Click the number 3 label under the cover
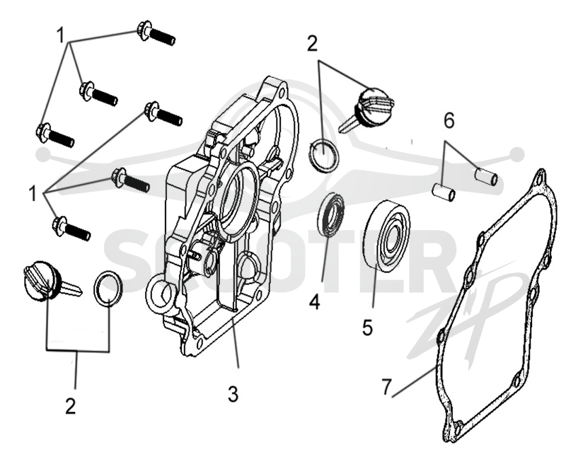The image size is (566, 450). [233, 393]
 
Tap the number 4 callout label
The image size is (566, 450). [314, 301]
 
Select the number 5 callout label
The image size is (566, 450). [367, 328]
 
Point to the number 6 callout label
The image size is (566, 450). [449, 120]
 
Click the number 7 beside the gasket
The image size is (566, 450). [386, 387]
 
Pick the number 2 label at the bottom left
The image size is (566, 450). [70, 406]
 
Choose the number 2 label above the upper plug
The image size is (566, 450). [312, 43]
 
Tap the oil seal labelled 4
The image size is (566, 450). [330, 215]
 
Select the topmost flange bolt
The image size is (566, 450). [156, 33]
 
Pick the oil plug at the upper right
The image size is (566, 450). [366, 108]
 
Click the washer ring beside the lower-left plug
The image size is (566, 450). [108, 288]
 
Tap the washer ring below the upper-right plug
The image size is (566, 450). [324, 155]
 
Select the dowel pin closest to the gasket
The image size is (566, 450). [486, 176]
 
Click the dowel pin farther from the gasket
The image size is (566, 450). [444, 192]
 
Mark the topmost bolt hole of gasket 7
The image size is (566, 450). [540, 178]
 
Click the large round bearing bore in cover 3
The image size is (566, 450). [239, 196]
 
